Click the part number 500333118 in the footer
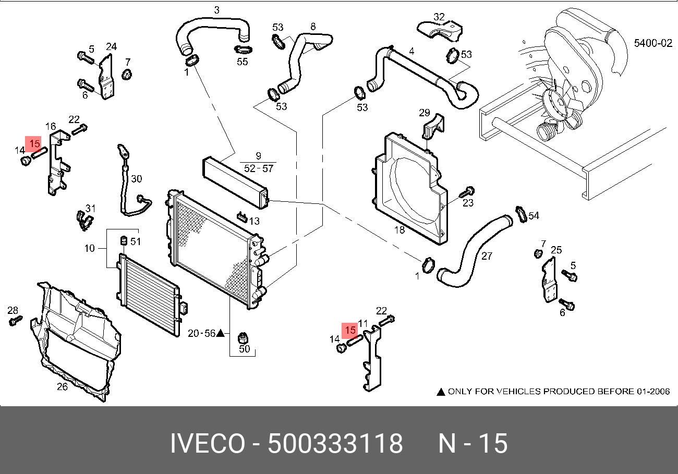point(335,444)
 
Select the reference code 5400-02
point(653,44)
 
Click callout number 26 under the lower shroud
point(62,387)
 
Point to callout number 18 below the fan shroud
point(399,230)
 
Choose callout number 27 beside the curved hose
point(486,256)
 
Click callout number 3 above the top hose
point(217,10)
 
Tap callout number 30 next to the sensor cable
point(136,179)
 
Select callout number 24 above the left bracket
point(112,46)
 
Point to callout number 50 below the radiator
point(245,349)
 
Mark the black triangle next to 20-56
point(220,333)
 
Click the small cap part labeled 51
point(124,240)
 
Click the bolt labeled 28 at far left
point(15,321)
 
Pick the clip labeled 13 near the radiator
point(241,215)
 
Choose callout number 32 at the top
point(439,17)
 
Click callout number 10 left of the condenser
point(89,248)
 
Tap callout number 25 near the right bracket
point(556,250)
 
